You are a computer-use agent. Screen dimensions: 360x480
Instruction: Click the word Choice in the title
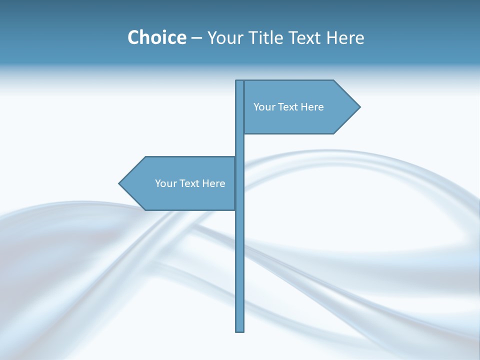156,37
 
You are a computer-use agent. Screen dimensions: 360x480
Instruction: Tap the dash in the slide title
196,38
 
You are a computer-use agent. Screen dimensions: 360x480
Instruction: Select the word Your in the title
224,38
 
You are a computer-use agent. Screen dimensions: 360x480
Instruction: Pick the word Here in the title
345,38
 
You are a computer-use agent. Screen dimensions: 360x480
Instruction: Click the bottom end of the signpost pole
240,329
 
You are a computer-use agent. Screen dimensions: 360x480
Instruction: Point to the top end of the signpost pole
240,82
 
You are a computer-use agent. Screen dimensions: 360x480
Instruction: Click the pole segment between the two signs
240,145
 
